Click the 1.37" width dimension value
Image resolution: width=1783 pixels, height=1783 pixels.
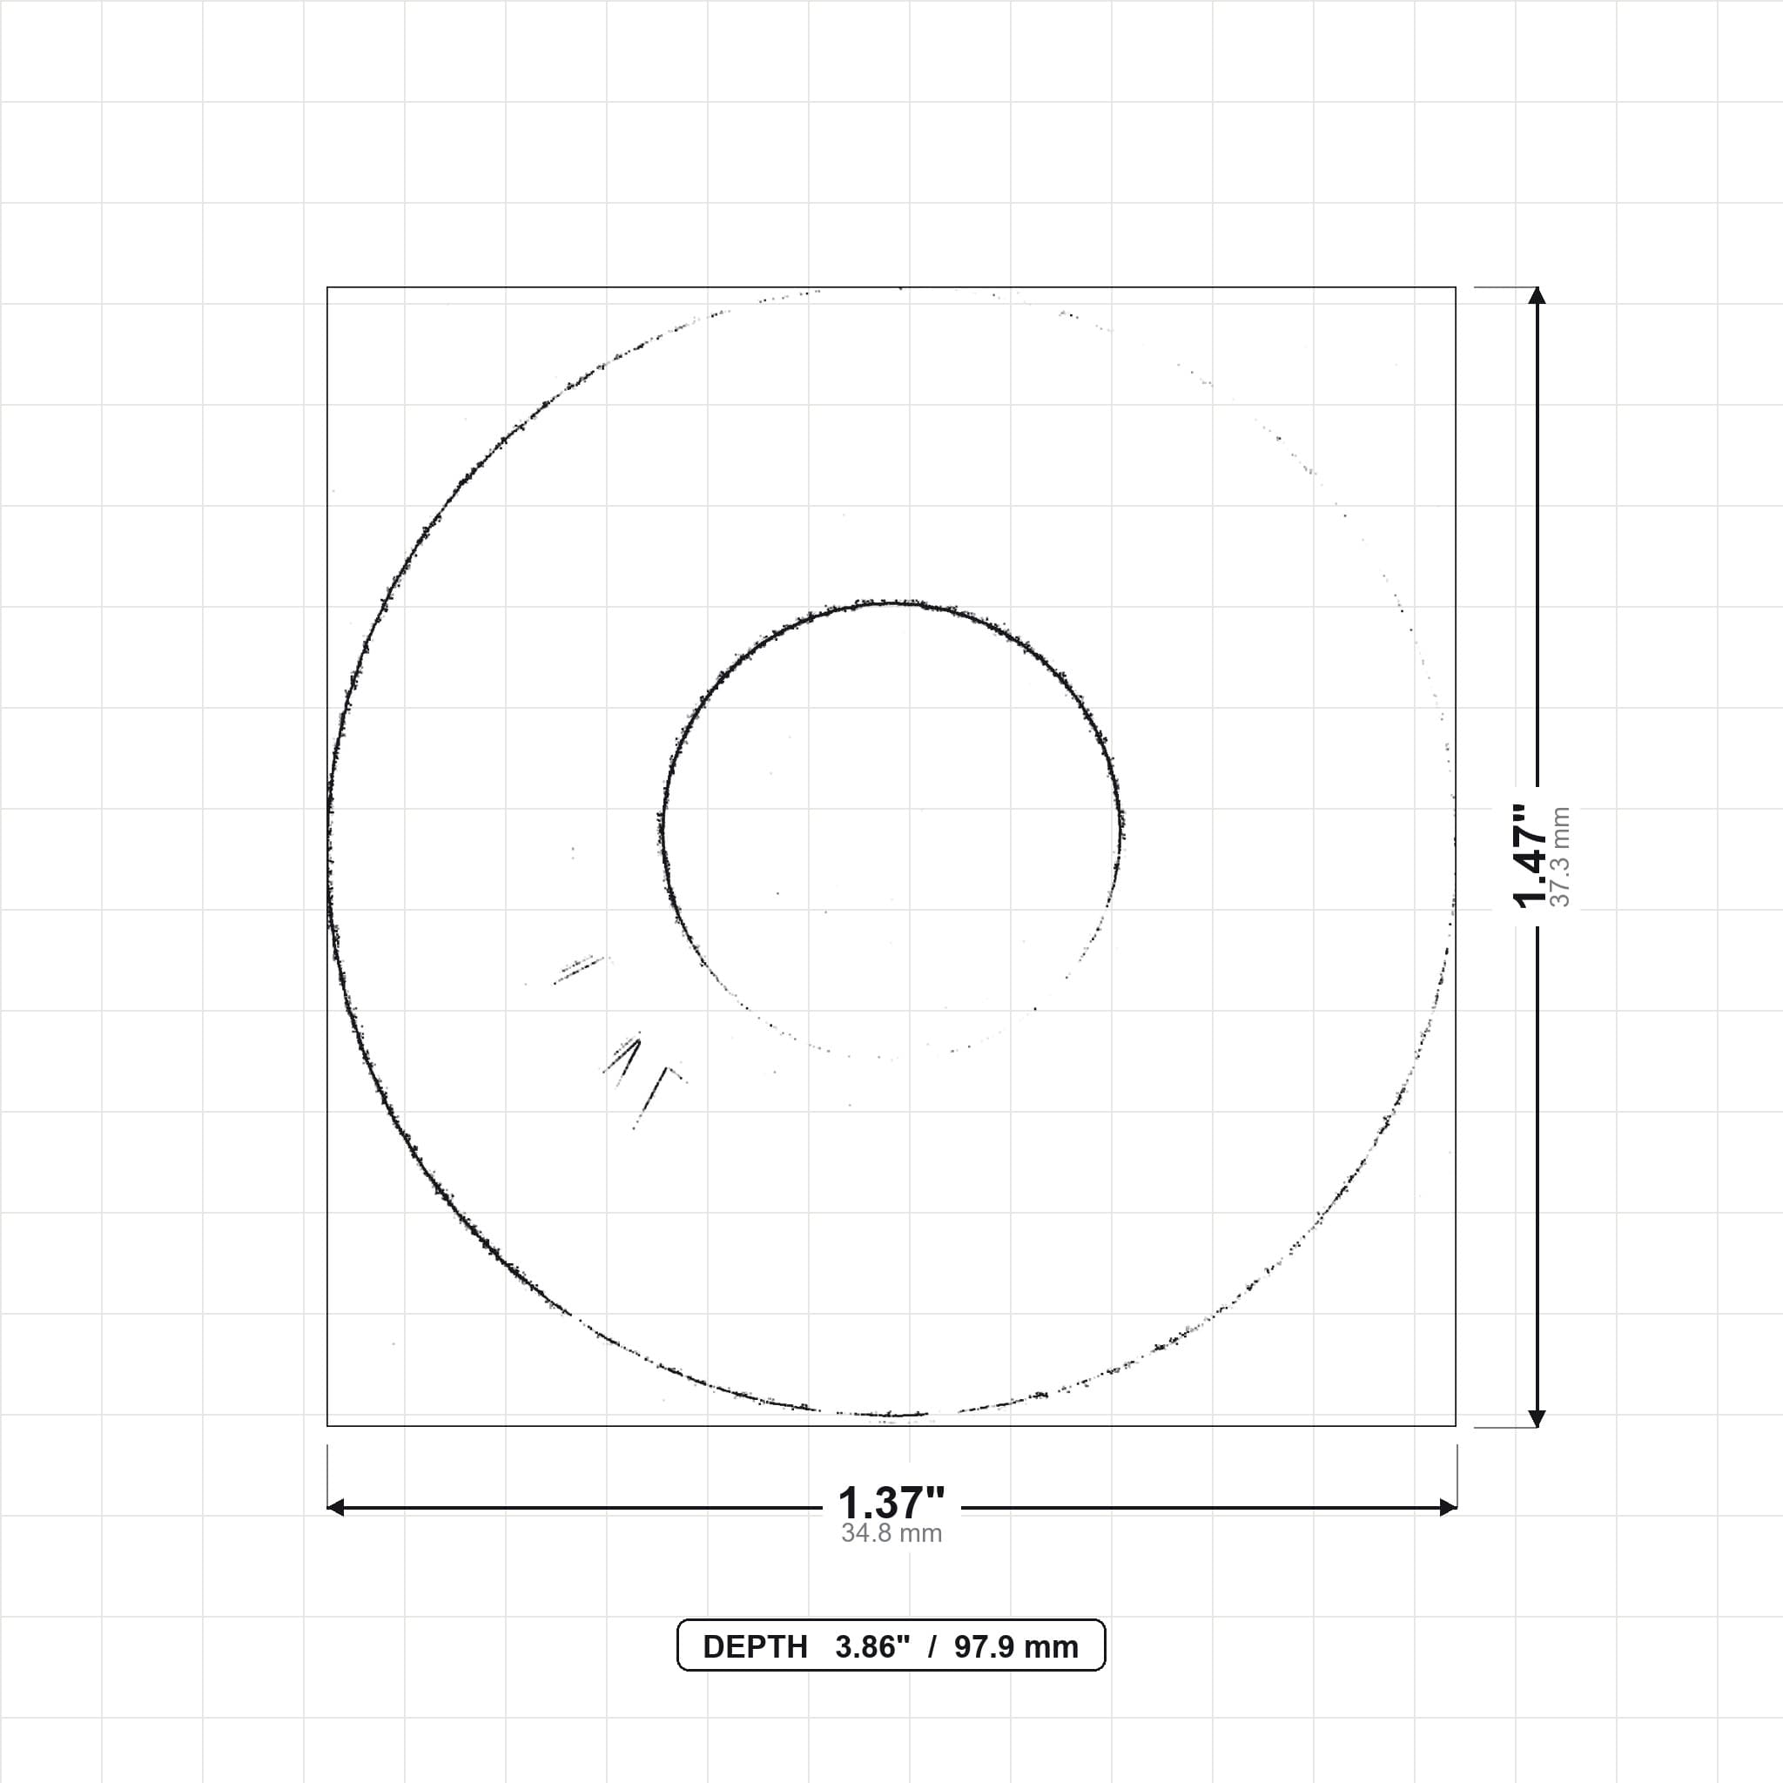tap(891, 1504)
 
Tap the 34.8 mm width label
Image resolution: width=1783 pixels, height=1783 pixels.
tap(891, 1534)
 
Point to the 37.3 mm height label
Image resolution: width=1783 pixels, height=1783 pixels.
tap(1559, 857)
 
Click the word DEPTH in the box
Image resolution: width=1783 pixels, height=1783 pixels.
tap(755, 1647)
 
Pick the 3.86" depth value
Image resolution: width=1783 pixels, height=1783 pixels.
tap(872, 1647)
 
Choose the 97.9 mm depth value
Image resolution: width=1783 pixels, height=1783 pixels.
tap(1016, 1647)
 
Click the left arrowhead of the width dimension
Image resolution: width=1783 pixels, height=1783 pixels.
tap(336, 1508)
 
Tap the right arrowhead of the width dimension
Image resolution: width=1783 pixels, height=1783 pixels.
tap(1448, 1508)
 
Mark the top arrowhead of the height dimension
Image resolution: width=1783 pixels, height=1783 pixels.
tap(1537, 295)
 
